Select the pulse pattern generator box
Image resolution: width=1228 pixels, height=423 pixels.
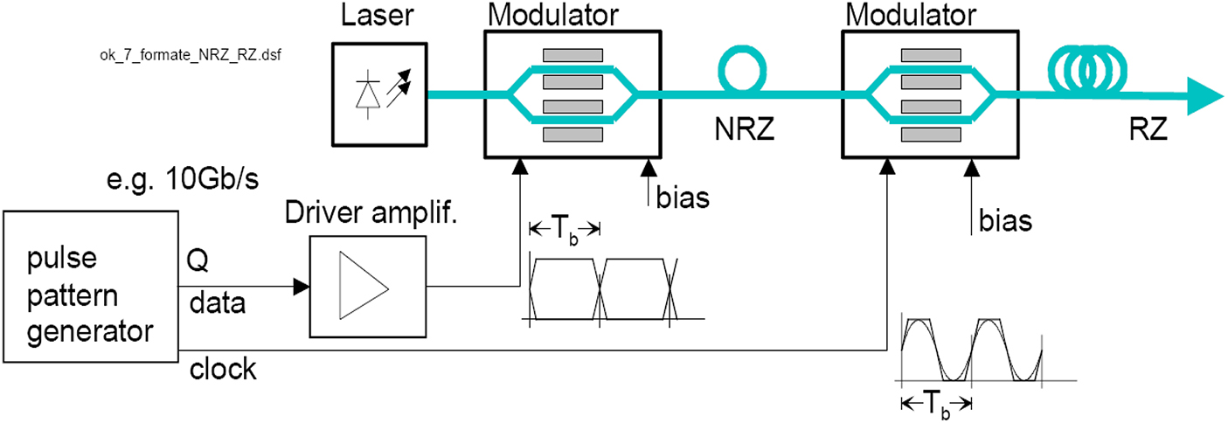(90, 286)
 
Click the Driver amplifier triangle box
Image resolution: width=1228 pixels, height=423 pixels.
(365, 287)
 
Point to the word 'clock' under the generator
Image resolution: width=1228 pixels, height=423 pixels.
(223, 370)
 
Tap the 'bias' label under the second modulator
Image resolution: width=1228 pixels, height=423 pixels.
(1004, 220)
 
